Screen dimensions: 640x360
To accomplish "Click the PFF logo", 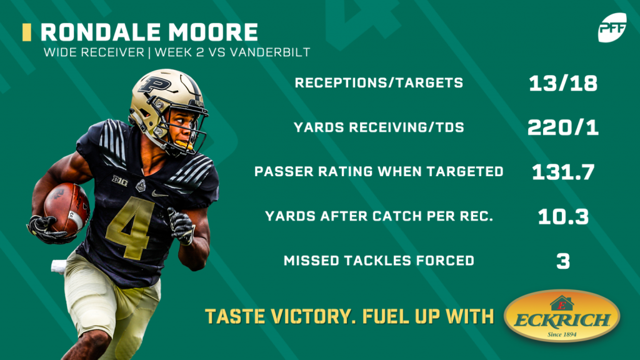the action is [612, 27].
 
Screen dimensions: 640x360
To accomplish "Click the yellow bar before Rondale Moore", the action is [27, 32].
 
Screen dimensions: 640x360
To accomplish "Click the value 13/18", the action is [563, 83].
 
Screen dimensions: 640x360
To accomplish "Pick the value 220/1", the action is [563, 127].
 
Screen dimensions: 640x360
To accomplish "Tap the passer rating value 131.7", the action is [563, 172].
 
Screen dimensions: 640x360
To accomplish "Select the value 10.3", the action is [563, 216].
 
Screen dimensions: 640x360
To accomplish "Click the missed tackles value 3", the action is [563, 261].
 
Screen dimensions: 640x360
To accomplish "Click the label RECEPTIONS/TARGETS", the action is [379, 83].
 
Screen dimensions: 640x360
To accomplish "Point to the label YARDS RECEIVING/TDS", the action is [379, 127].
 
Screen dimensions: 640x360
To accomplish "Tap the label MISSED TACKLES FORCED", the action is [379, 261].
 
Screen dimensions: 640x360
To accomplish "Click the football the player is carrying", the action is [66, 209].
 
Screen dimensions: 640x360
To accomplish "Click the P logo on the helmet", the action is [154, 85].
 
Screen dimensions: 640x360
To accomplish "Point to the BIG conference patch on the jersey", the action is [120, 181].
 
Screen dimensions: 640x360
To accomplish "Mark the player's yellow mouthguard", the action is [184, 144].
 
